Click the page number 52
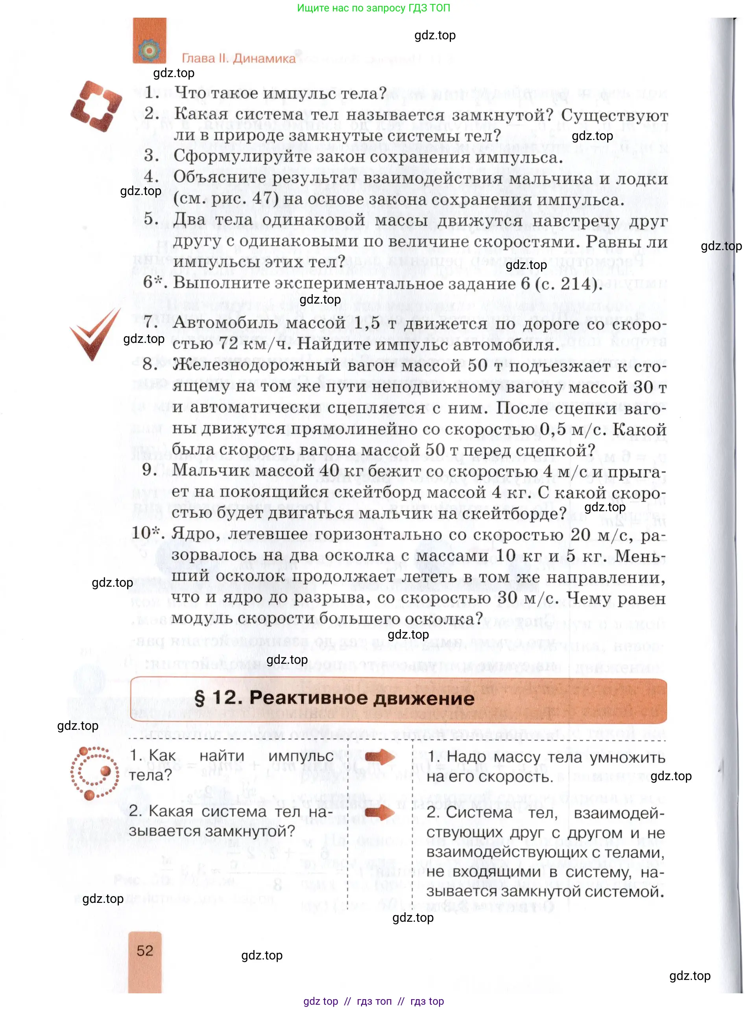pos(145,950)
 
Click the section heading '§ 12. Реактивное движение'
pos(334,698)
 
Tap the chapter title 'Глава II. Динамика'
pos(238,58)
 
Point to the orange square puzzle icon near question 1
pos(96,106)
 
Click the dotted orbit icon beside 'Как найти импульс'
pos(94,773)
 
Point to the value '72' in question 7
pos(228,344)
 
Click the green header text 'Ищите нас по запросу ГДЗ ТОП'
pos(373,8)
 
